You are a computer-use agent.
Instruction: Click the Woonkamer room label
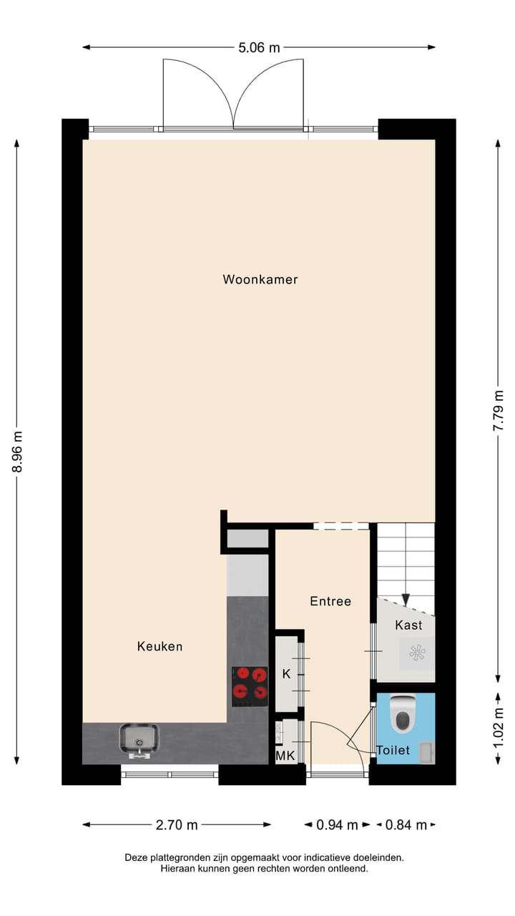tap(260, 279)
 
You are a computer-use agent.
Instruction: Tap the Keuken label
tap(160, 646)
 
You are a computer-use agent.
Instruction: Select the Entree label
tap(330, 601)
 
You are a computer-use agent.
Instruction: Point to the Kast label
tap(408, 625)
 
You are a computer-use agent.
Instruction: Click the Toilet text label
tap(393, 750)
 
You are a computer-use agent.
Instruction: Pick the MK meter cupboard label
tap(285, 755)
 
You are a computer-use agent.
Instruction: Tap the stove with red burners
tap(250, 683)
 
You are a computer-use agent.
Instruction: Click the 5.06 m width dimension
tap(260, 48)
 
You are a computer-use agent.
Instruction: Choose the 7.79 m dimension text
tap(498, 410)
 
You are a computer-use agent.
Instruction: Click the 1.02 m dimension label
tap(498, 728)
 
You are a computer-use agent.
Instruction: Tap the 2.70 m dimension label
tap(177, 825)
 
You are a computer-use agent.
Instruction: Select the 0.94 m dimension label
tap(337, 825)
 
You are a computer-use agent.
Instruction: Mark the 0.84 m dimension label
tap(406, 825)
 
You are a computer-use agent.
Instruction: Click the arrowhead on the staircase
tap(406, 600)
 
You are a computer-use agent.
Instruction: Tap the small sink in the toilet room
tap(426, 752)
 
